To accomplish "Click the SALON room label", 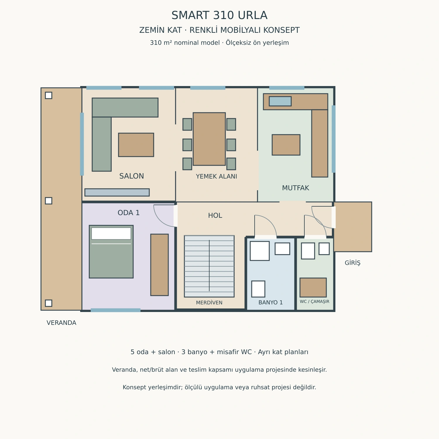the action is pos(131,176).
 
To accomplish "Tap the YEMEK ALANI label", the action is pos(217,176).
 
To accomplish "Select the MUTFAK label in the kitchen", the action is pos(296,188).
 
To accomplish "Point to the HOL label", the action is pos(215,216).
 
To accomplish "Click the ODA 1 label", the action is pos(129,213).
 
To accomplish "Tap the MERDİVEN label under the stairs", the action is pos(209,303).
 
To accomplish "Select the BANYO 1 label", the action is pos(271,303).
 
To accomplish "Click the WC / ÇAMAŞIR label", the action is pos(315,301).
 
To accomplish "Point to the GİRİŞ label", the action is pos(353,263).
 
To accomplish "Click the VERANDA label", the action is pos(61,323).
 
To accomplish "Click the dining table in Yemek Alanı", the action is pos(209,139).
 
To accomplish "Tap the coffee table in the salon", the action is pos(136,145).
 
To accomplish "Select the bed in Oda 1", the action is pos(111,252).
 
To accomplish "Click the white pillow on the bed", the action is pos(111,234).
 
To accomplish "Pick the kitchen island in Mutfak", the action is pos(286,145).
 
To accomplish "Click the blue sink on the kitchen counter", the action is pos(280,101).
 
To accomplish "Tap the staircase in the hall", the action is pos(209,266).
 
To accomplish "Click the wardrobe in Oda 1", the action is pos(160,265).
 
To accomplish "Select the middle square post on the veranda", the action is pos(49,201).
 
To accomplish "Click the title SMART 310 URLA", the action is pos(220,16).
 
